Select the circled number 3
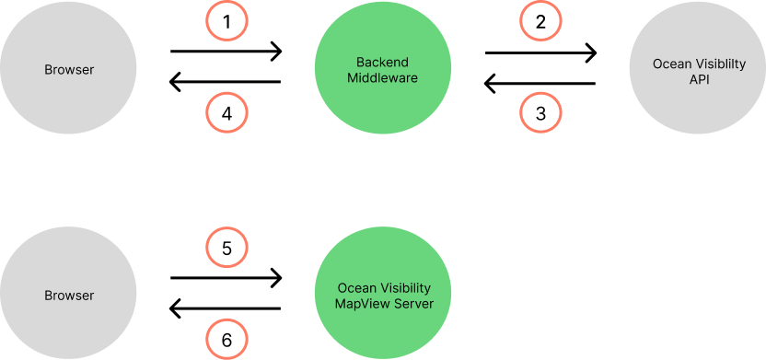540,114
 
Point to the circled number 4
226,114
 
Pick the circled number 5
226,248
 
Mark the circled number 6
226,340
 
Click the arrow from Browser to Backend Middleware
226,52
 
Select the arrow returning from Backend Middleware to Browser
226,83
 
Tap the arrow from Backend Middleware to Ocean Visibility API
540,52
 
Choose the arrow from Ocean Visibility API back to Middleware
540,83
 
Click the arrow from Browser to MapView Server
226,277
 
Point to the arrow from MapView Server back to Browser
226,308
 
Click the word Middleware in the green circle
383,78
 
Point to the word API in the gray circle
697,80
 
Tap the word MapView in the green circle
361,303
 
